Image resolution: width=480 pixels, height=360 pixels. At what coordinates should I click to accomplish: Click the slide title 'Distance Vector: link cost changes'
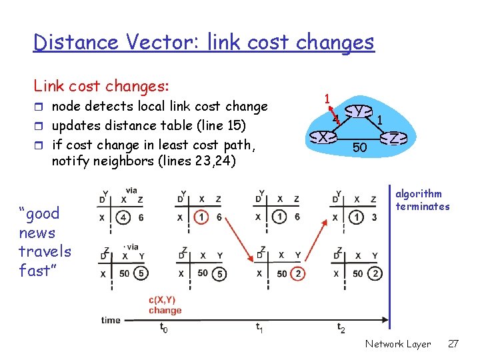(204, 43)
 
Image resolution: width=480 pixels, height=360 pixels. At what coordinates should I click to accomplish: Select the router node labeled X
(323, 137)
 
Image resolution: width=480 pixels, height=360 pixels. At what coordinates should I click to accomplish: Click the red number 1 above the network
(327, 99)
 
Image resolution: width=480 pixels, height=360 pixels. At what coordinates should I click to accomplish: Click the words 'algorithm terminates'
(422, 200)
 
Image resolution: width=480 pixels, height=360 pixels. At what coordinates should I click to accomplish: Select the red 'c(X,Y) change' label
(165, 305)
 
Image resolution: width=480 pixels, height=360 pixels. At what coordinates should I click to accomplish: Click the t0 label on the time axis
(163, 327)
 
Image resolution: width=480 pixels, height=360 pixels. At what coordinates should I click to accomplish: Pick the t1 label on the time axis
(259, 327)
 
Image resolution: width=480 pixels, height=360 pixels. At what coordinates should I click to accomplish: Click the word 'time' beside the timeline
(111, 320)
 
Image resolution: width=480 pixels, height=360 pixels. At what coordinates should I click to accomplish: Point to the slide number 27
(453, 344)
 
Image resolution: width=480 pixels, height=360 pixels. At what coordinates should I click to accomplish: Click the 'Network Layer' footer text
(398, 344)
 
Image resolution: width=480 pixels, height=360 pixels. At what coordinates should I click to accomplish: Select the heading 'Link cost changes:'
(101, 86)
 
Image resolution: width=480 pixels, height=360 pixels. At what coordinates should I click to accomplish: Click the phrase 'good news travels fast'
(45, 241)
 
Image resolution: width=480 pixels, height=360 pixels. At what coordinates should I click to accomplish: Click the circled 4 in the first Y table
(124, 217)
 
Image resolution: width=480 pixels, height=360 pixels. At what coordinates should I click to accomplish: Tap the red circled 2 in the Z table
(299, 273)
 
